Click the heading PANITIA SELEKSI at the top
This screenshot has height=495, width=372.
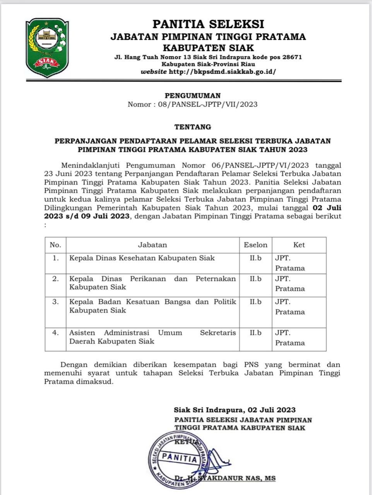click(x=208, y=24)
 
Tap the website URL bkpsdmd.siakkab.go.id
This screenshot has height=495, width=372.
click(x=223, y=72)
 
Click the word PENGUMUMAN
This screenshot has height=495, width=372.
click(x=193, y=96)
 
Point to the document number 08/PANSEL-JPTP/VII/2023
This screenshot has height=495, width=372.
click(x=207, y=104)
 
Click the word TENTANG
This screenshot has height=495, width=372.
click(x=193, y=127)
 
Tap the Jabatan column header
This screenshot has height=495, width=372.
click(x=153, y=245)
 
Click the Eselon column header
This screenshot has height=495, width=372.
click(x=255, y=245)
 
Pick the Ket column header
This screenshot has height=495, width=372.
click(x=299, y=245)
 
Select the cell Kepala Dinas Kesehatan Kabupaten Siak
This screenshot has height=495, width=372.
click(x=142, y=258)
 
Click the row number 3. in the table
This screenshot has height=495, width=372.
click(x=55, y=302)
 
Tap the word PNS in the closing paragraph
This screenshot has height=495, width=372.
click(x=252, y=365)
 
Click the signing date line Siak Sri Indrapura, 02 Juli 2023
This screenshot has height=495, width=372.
click(x=235, y=410)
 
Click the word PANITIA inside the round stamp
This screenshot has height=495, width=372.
click(x=180, y=458)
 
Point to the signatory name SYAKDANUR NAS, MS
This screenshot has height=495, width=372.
click(x=237, y=478)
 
